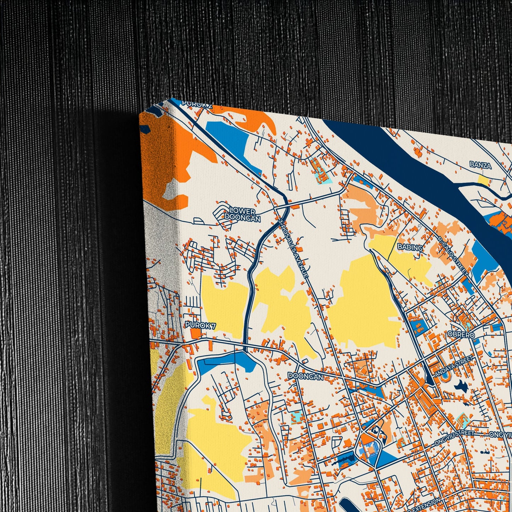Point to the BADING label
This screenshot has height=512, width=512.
[x=410, y=247]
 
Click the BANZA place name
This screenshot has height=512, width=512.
[x=480, y=165]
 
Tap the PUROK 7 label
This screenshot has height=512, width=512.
[x=200, y=325]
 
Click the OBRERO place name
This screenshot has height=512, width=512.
[x=461, y=334]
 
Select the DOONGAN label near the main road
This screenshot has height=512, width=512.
[x=305, y=376]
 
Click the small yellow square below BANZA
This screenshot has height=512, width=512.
[x=483, y=180]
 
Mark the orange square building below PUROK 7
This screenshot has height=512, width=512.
[x=195, y=333]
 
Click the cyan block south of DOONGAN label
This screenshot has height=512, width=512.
[x=295, y=417]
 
